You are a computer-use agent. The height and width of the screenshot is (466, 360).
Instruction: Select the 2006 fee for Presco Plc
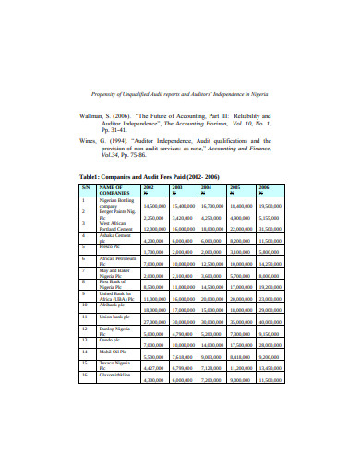point(270,277)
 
